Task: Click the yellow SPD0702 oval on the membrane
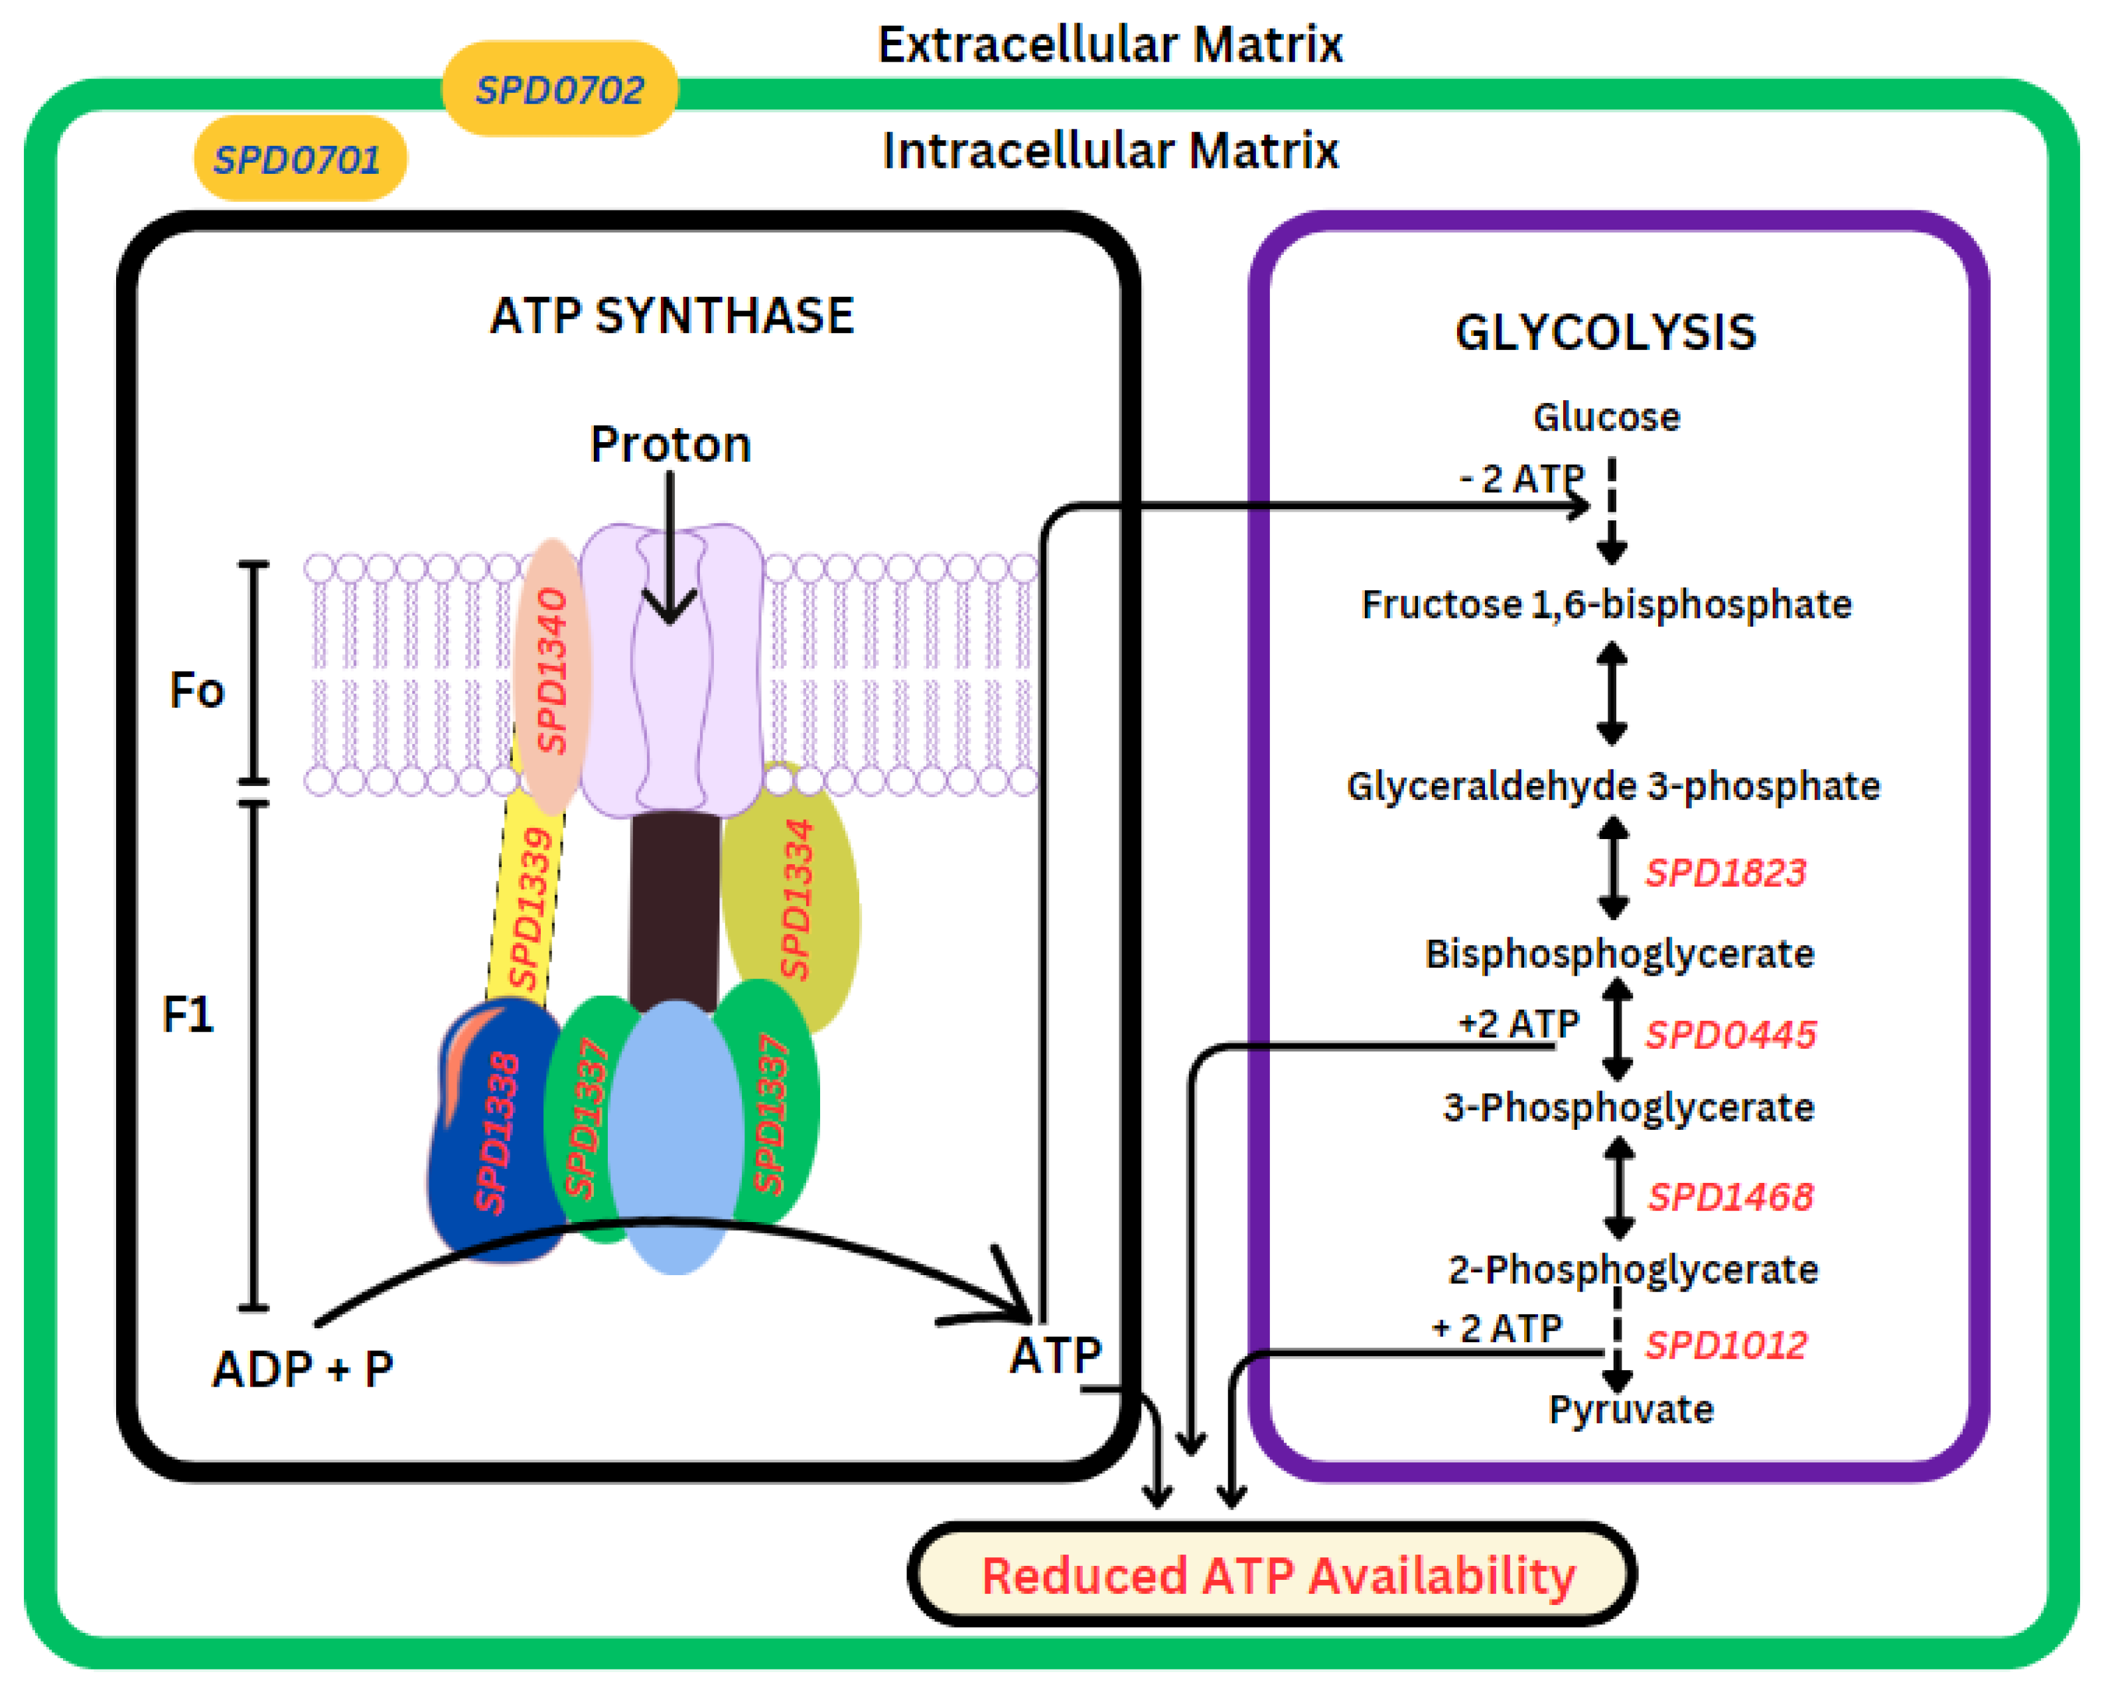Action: click(x=559, y=89)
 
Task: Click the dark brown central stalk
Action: click(x=674, y=908)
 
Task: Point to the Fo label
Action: click(x=196, y=690)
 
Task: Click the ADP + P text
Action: click(x=303, y=1369)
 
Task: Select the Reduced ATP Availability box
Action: click(x=1273, y=1575)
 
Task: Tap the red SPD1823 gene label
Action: click(x=1725, y=872)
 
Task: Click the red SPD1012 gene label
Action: click(x=1725, y=1345)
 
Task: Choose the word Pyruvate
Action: click(x=1631, y=1409)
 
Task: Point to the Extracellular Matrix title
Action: click(x=1109, y=45)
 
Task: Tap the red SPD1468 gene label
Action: click(x=1729, y=1196)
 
